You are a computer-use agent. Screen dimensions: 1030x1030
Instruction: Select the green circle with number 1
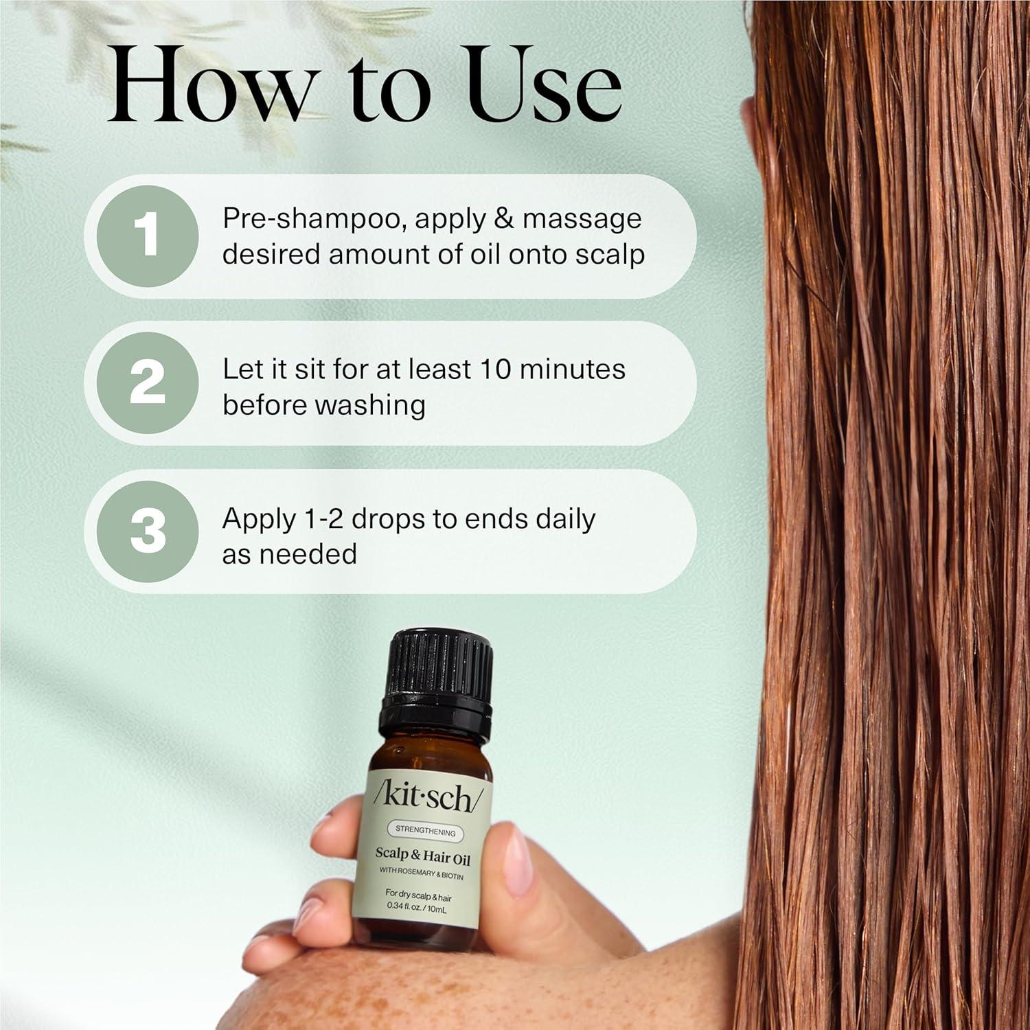coord(148,236)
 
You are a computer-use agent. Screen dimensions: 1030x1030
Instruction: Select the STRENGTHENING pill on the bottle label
coord(425,832)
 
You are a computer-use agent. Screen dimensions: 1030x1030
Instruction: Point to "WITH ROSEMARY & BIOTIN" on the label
coord(421,877)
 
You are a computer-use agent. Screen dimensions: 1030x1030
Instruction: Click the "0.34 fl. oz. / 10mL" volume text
coord(416,909)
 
